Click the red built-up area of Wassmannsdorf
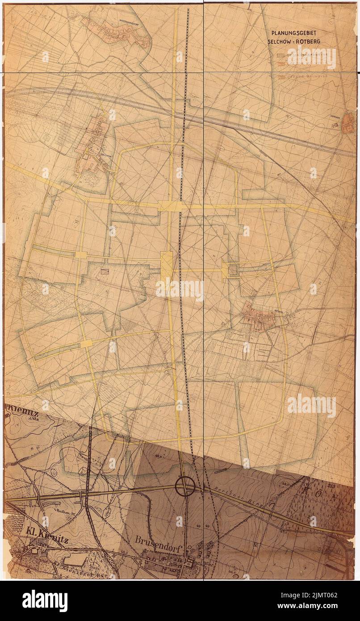tap(121, 36)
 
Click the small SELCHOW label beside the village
tap(105, 155)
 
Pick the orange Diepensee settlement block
tap(347, 117)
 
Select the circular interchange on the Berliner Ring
tap(184, 486)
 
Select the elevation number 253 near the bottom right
tap(343, 485)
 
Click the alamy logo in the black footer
tap(45, 601)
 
